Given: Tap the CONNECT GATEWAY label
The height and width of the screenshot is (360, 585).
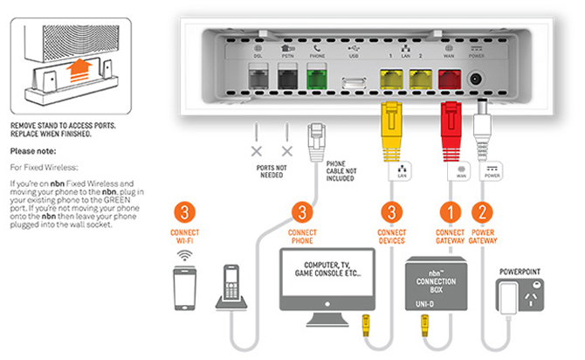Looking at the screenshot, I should pos(451,237).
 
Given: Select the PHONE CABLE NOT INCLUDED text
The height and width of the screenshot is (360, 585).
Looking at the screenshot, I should pos(335,174).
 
